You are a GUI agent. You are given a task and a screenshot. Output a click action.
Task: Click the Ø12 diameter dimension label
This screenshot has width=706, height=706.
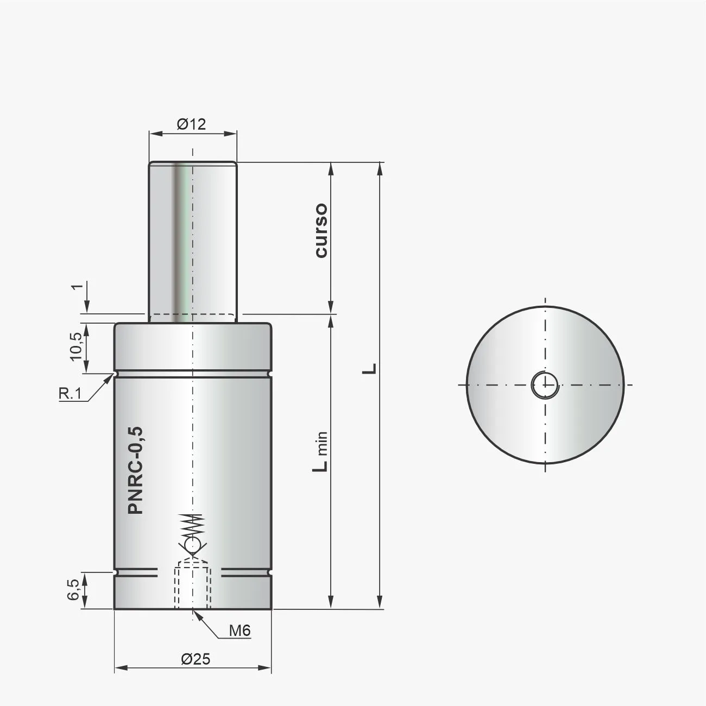pyautogui.click(x=191, y=124)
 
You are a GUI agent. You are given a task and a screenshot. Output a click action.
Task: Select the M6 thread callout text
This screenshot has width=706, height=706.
pyautogui.click(x=239, y=631)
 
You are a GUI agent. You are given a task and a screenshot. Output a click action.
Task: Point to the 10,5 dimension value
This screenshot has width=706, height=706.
pyautogui.click(x=75, y=345)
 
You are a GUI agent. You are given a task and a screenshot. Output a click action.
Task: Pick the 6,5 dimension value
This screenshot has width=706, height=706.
pyautogui.click(x=74, y=590)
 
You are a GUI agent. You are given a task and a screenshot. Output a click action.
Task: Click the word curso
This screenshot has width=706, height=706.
pyautogui.click(x=321, y=230)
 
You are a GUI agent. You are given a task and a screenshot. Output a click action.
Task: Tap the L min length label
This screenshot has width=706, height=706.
pyautogui.click(x=321, y=451)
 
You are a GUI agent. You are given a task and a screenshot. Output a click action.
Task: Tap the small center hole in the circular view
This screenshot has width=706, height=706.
pyautogui.click(x=544, y=385)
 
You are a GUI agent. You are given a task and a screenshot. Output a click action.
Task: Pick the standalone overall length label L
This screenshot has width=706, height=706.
pyautogui.click(x=370, y=368)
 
